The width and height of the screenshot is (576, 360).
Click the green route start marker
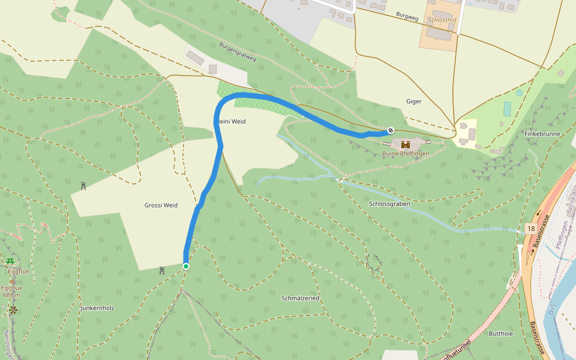tap(186, 266)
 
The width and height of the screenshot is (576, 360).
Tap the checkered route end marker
tap(391, 130)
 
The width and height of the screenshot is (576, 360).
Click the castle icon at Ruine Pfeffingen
tap(406, 144)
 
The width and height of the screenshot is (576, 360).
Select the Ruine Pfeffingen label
tap(406, 154)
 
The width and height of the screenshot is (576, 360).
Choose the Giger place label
tap(414, 101)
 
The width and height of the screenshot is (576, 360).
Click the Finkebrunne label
tap(542, 133)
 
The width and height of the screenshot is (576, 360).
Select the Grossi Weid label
tap(161, 205)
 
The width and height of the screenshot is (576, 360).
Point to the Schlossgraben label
tap(389, 204)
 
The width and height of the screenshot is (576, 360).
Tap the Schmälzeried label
tap(300, 298)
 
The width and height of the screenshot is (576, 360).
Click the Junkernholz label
tap(97, 308)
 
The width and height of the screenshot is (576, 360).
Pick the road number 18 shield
tap(530, 229)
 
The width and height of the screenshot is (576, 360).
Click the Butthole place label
tap(501, 333)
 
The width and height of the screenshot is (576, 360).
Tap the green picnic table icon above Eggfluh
tap(10, 262)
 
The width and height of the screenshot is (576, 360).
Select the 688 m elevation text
tap(12, 295)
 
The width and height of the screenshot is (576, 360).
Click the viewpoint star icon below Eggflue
tap(13, 310)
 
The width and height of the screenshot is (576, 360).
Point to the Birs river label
tap(552, 309)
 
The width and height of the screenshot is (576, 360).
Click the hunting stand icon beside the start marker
tap(162, 271)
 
